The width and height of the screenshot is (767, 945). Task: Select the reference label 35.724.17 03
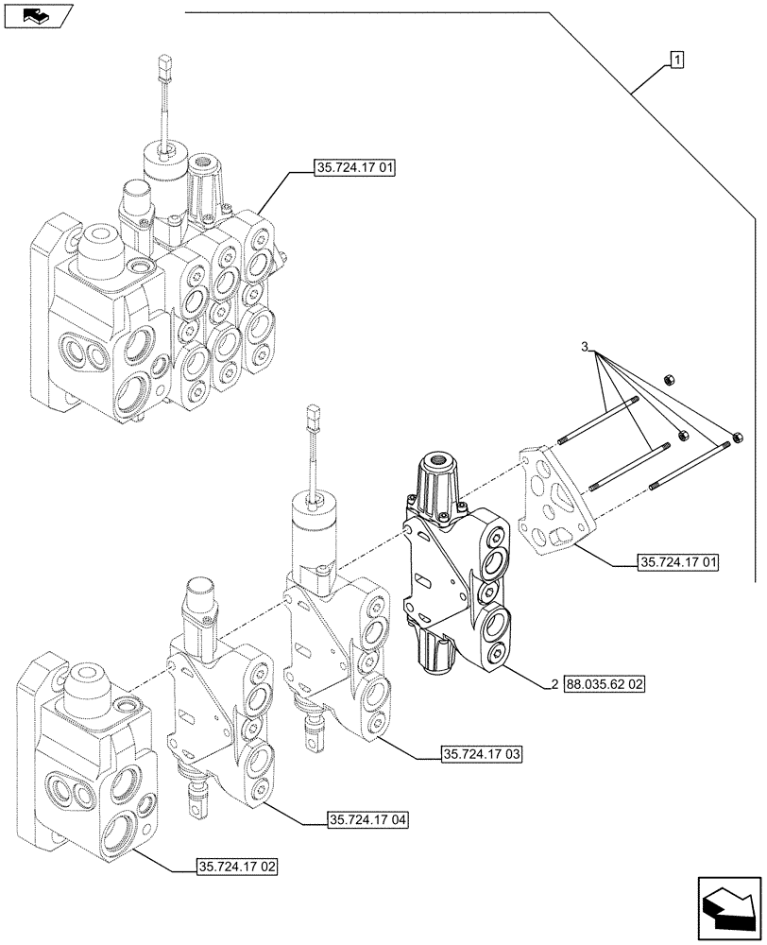(x=482, y=754)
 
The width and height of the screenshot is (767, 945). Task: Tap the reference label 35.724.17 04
(x=368, y=819)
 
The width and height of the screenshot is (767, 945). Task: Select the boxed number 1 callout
(x=677, y=60)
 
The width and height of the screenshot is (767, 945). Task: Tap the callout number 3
(x=586, y=349)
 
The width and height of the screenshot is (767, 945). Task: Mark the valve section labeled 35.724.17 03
(x=335, y=643)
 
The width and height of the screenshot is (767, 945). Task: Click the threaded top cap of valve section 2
(x=437, y=466)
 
